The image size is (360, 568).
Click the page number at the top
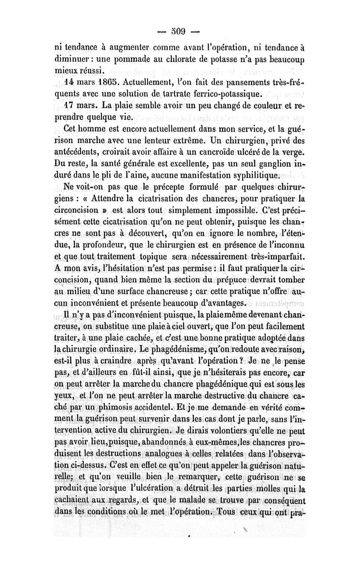point(180,32)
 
